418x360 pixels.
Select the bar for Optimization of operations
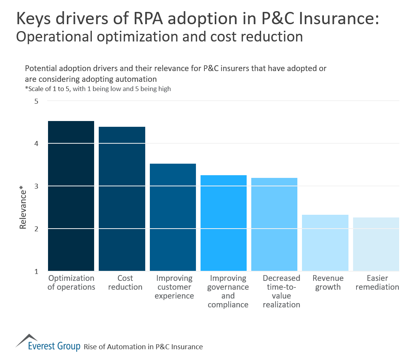pos(71,196)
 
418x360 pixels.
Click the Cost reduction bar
pos(122,199)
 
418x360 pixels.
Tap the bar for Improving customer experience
pos(173,217)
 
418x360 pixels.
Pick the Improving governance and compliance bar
pos(224,223)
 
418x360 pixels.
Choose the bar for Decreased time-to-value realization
pos(274,224)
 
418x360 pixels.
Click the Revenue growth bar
pos(325,243)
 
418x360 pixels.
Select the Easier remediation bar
pos(376,244)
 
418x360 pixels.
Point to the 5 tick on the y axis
pos(36,101)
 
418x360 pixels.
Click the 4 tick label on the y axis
pos(36,144)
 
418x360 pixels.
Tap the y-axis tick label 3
pos(36,186)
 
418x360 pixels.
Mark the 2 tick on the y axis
pos(36,229)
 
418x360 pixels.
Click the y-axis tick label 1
pos(36,272)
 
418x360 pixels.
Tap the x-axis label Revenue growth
pos(328,283)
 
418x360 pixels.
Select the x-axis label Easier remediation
pos(377,283)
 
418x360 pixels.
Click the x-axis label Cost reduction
pos(125,283)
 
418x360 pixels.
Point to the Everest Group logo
pos(48,343)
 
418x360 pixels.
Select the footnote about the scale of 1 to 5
pos(98,89)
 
